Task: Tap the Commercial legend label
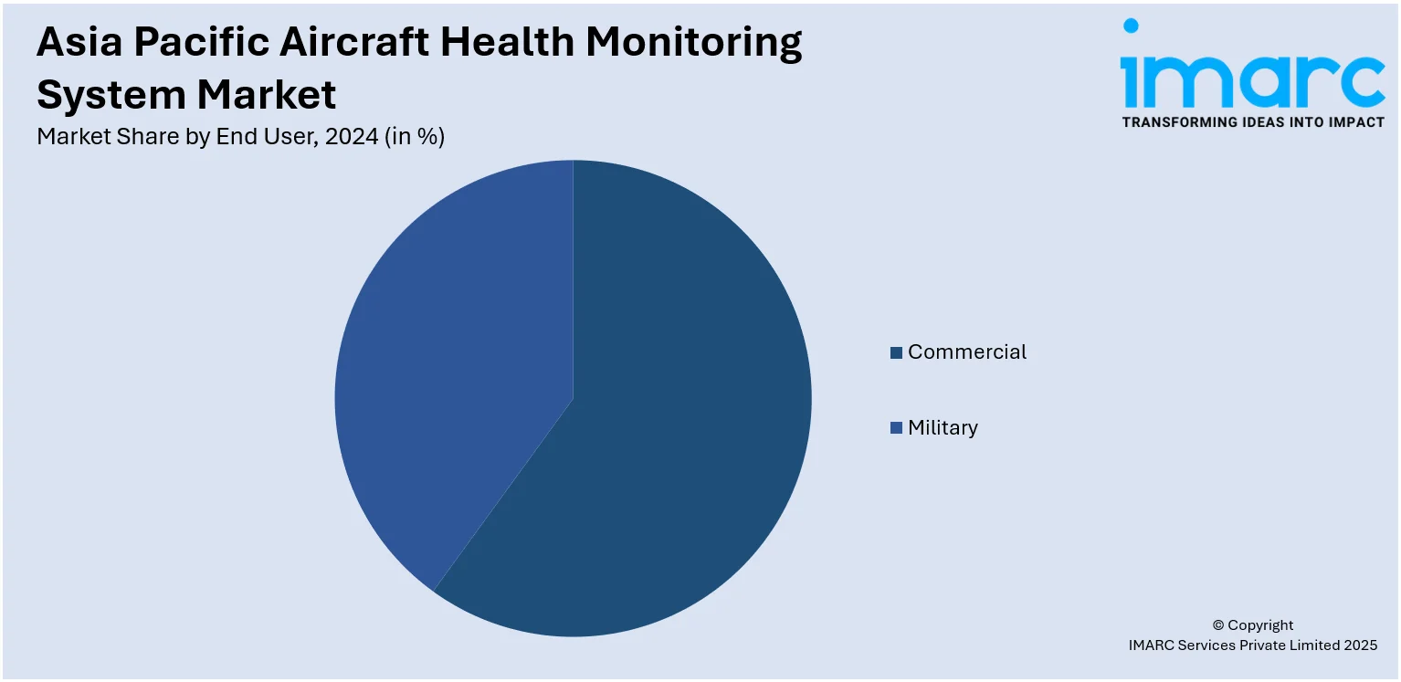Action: click(x=966, y=352)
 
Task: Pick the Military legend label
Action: click(x=943, y=428)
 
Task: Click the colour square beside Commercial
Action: click(x=897, y=352)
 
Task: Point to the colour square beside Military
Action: click(x=897, y=428)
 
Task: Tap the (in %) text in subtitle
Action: click(x=415, y=137)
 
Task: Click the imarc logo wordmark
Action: click(x=1252, y=80)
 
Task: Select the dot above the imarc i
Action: click(x=1132, y=26)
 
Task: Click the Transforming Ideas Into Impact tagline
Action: click(x=1252, y=122)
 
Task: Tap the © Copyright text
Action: click(x=1252, y=625)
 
